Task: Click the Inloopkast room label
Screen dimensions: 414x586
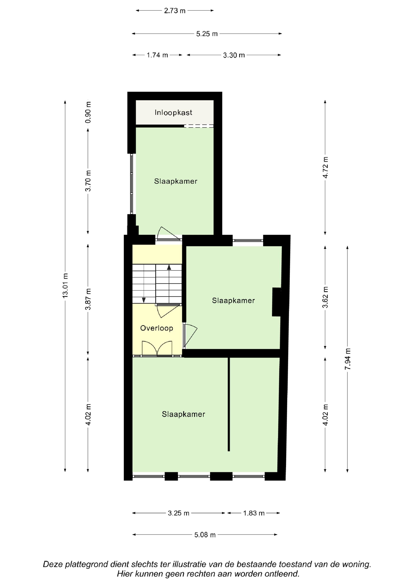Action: coord(173,112)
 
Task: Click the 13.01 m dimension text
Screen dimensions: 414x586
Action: coord(65,285)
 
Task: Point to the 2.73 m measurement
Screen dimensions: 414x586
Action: coord(175,11)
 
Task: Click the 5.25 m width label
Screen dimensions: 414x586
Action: coord(207,34)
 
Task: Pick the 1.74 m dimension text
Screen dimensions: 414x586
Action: coord(157,55)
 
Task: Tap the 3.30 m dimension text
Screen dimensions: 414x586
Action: coord(234,55)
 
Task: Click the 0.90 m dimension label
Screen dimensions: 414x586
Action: coord(88,112)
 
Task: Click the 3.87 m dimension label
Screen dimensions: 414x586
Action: coord(88,299)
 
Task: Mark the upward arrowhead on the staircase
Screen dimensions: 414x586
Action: coord(169,267)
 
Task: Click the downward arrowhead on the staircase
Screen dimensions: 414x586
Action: coord(144,300)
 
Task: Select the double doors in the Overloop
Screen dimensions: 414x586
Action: coord(157,348)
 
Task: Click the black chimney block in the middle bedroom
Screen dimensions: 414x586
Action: coord(277,302)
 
